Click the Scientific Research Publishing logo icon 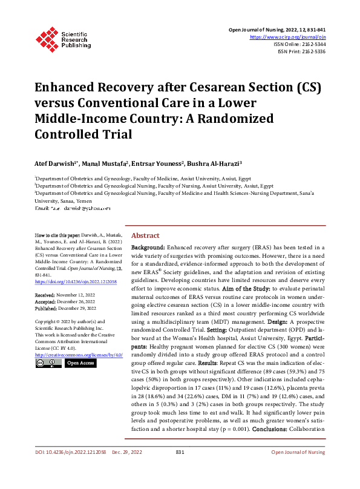click(x=47, y=38)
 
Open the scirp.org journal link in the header click(x=289, y=37)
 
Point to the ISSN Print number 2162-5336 click(x=313, y=51)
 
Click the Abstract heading click(x=146, y=235)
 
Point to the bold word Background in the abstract click(x=148, y=248)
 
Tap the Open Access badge click(x=80, y=363)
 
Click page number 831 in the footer click(x=180, y=469)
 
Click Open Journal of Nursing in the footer click(x=298, y=469)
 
